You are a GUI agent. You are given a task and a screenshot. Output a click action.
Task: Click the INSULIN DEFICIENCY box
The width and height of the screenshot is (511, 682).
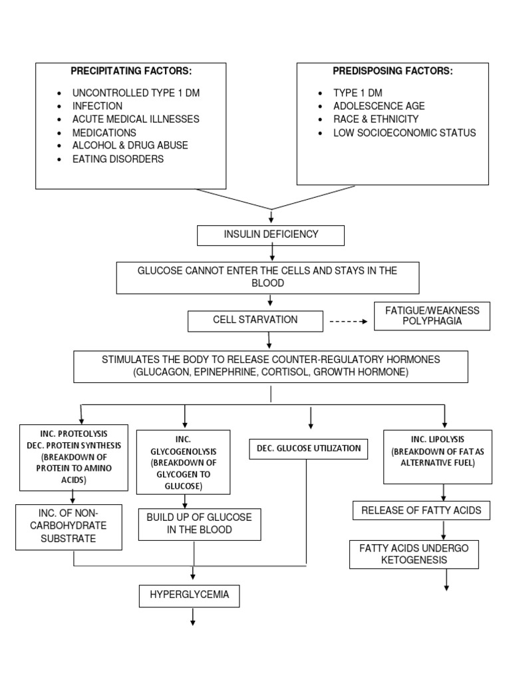point(270,235)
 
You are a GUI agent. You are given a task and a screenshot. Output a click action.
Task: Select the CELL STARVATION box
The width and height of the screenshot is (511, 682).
point(255,320)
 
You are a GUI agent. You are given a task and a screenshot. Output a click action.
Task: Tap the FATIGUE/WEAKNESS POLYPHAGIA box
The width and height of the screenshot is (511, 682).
point(432,316)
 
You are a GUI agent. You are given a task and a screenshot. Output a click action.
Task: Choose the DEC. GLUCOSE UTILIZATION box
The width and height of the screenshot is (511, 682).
point(308,449)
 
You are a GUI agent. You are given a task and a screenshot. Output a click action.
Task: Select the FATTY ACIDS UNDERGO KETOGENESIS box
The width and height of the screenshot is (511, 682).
point(414,554)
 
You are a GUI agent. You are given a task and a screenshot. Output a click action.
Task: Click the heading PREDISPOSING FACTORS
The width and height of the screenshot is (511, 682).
point(393,71)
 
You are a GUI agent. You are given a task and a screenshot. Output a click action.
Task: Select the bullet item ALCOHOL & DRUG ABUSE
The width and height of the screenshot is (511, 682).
point(130,146)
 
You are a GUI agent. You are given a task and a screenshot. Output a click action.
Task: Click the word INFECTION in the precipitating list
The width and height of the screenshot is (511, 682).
point(97,106)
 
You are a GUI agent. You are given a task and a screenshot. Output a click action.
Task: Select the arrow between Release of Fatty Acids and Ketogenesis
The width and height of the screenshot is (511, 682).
point(444,531)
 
